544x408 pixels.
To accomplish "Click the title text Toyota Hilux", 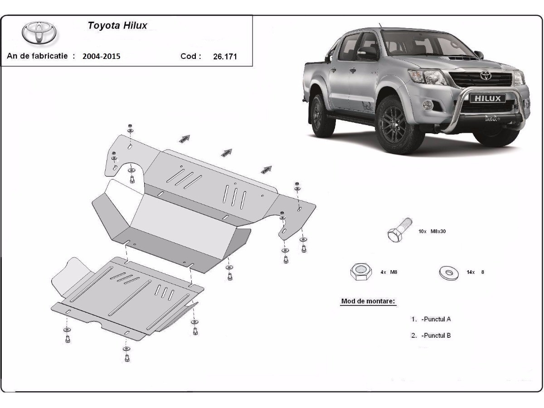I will pos(117,25).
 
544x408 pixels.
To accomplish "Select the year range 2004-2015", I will pos(102,57).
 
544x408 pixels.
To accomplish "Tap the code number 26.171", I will pos(225,57).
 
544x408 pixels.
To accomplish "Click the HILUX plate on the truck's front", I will pos(488,98).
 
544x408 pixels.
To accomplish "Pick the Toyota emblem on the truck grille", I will pos(486,75).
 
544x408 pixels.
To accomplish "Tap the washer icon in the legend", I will pos(449,272).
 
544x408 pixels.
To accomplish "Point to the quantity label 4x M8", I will pos(389,272).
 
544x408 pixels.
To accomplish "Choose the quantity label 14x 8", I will pos(475,272).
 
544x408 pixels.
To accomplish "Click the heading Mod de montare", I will pos(368,301).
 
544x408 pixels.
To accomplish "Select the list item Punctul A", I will pos(431,319).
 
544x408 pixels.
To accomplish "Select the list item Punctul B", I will pos(431,336).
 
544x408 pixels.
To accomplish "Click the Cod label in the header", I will pos(190,56).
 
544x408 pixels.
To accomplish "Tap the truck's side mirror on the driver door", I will pos(368,53).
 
